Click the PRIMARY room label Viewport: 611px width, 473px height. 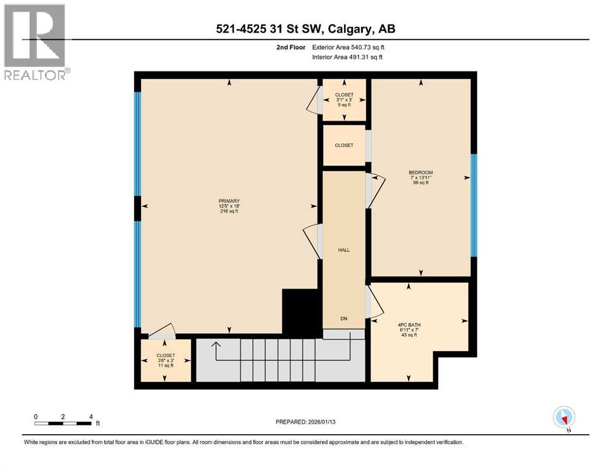tap(228, 200)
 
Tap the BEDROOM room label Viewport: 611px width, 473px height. tap(421, 172)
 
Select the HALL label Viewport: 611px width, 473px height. tap(344, 250)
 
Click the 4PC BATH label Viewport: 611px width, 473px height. tap(409, 325)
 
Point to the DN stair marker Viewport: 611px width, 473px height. tap(344, 318)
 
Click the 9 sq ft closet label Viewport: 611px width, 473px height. tap(344, 105)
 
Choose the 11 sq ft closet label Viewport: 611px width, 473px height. tap(166, 365)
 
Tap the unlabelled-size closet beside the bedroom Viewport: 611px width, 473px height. tap(344, 145)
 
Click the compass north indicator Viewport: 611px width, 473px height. tap(564, 418)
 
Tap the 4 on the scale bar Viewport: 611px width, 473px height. tap(91, 416)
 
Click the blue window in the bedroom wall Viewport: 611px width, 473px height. tap(473, 205)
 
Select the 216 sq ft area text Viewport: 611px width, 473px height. tap(228, 211)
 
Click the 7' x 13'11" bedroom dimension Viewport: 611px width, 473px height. tap(421, 178)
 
